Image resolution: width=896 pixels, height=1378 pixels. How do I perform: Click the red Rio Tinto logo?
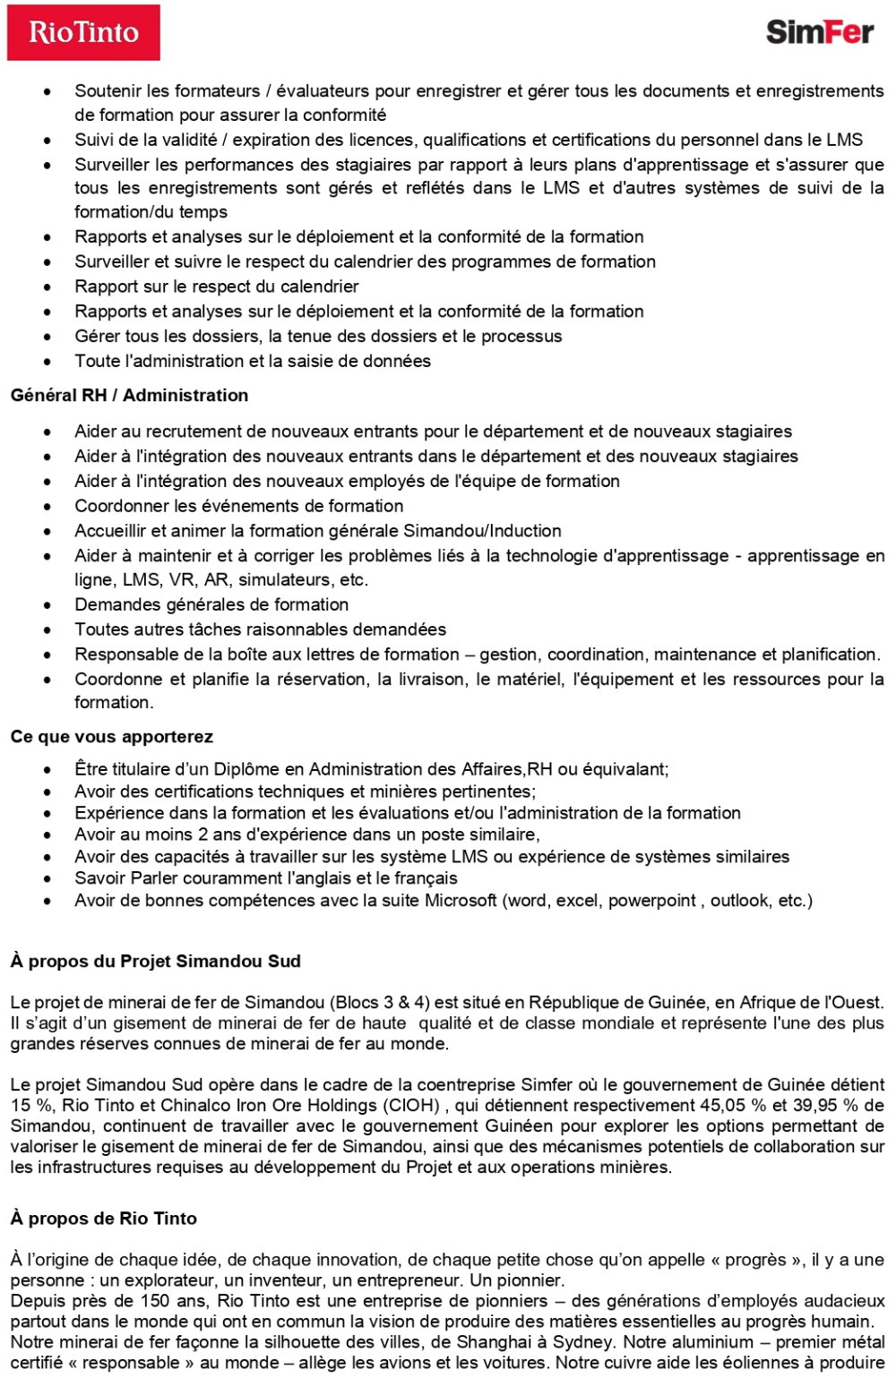[x=83, y=33]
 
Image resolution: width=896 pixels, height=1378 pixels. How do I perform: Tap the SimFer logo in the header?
[x=819, y=33]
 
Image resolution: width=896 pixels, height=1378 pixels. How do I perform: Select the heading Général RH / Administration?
[x=129, y=395]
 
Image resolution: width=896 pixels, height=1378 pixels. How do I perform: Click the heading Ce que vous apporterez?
[x=111, y=736]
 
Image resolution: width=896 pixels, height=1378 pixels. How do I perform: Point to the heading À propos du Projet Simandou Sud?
[x=155, y=961]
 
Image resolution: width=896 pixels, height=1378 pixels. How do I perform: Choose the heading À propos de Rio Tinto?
[x=103, y=1218]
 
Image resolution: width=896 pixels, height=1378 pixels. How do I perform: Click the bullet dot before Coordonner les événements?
[x=47, y=507]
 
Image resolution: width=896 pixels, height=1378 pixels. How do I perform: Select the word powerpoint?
[x=651, y=900]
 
